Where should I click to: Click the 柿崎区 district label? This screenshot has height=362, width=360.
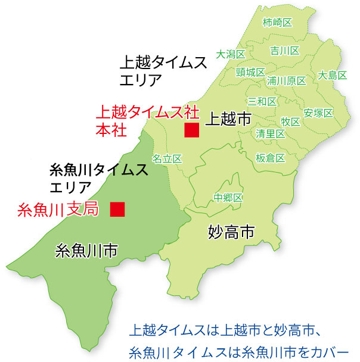pyautogui.click(x=278, y=23)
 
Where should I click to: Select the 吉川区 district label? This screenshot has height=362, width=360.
pyautogui.click(x=284, y=50)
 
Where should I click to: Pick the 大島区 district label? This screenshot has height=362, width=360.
pyautogui.click(x=333, y=76)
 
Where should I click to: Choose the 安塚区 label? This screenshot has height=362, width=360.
pyautogui.click(x=317, y=113)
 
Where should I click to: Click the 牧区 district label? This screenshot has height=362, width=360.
pyautogui.click(x=290, y=121)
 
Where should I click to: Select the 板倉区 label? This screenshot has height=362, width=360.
pyautogui.click(x=270, y=158)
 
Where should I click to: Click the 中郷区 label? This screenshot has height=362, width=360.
pyautogui.click(x=228, y=198)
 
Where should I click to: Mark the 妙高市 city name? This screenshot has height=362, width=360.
pyautogui.click(x=232, y=232)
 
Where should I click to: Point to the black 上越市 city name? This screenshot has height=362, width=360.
pyautogui.click(x=228, y=119)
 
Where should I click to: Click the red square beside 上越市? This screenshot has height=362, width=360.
pyautogui.click(x=191, y=130)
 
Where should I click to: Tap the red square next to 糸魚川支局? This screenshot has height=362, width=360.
pyautogui.click(x=117, y=208)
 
